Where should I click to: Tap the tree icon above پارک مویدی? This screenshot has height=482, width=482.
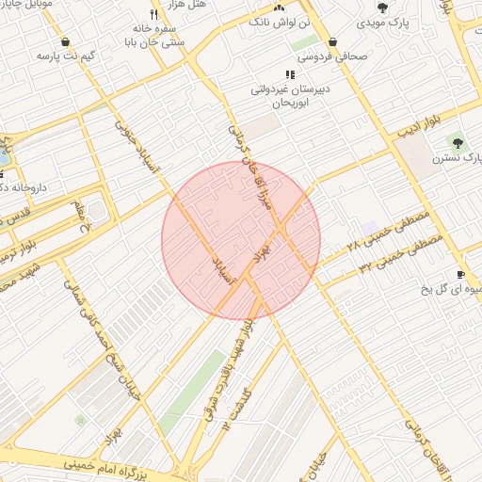click(382, 8)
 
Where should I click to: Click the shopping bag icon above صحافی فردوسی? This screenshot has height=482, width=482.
click(334, 41)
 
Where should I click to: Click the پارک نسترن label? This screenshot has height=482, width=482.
click(457, 159)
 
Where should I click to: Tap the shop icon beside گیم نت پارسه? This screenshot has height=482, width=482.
click(64, 41)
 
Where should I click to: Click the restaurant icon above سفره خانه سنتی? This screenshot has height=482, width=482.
click(154, 14)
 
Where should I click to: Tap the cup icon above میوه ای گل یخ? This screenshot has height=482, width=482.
click(459, 275)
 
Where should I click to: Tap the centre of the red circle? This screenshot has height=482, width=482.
click(241, 240)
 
